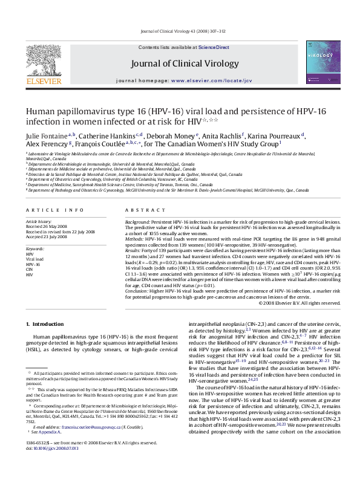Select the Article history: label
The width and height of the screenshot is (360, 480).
tap(39, 221)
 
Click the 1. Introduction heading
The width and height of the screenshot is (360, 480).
tap(47, 324)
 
